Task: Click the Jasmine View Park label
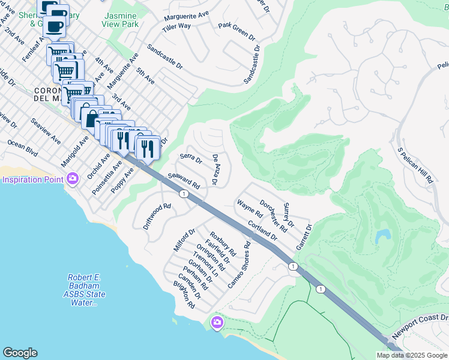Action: click(x=121, y=19)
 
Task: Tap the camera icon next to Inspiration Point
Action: click(x=73, y=179)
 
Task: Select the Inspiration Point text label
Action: click(x=34, y=179)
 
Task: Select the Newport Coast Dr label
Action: click(x=420, y=326)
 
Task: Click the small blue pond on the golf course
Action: click(x=381, y=237)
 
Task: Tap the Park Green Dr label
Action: click(x=237, y=30)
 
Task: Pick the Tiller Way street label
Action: click(x=176, y=26)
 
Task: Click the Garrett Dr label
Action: click(x=304, y=237)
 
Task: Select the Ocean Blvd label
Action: click(x=23, y=149)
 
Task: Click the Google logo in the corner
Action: click(x=20, y=353)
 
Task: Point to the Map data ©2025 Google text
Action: click(x=411, y=355)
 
